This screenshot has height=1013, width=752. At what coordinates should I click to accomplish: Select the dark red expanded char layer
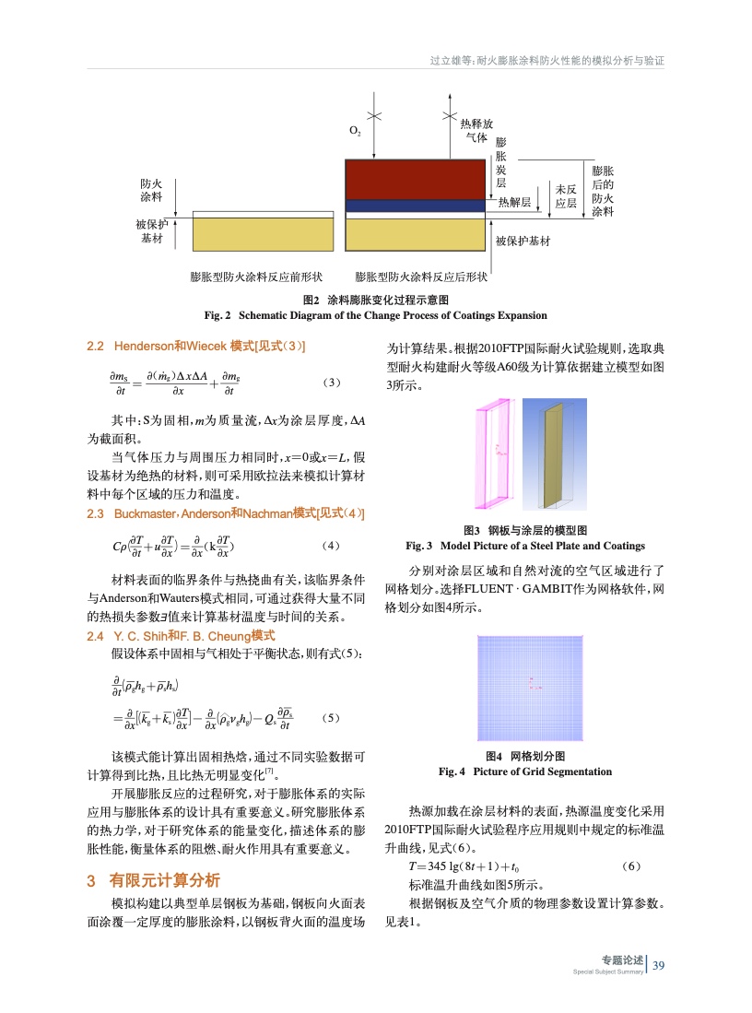tap(415, 179)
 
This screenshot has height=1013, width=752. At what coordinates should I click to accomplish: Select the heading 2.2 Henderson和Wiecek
tap(196, 346)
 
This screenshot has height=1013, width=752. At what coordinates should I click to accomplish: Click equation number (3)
tap(333, 382)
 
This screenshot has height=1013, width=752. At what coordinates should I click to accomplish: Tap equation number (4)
tap(333, 545)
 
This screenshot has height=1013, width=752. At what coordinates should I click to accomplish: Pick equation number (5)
tap(333, 718)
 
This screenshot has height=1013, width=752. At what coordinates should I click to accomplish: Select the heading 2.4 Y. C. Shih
tap(181, 636)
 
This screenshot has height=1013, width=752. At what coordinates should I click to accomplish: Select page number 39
tap(658, 965)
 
